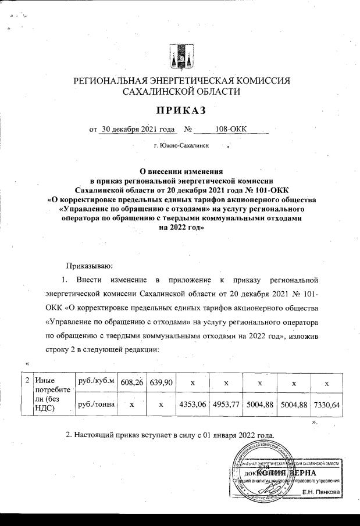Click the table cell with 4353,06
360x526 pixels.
pyautogui.click(x=191, y=404)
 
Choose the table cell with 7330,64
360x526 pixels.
pyautogui.click(x=326, y=404)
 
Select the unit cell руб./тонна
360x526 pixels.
pyautogui.click(x=96, y=404)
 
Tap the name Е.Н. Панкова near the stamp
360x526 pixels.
pyautogui.click(x=322, y=492)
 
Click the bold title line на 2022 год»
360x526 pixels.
pyautogui.click(x=180, y=228)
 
